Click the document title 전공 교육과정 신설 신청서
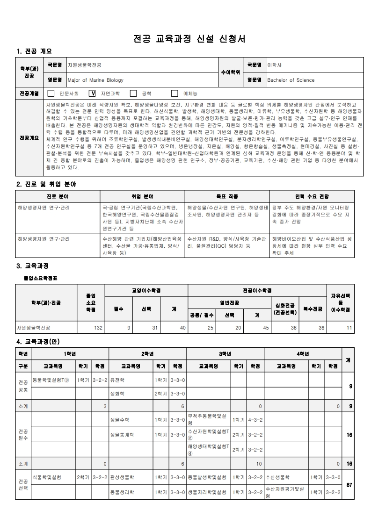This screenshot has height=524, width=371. click(186, 38)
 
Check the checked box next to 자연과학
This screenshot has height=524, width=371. click(92, 93)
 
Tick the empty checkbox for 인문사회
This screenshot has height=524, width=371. click(51, 93)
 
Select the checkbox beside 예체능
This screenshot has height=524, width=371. click(175, 93)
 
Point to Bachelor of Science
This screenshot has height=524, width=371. click(291, 80)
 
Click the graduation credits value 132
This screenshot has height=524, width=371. click(98, 328)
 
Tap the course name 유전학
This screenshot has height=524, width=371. click(117, 380)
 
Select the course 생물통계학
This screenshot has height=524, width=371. click(122, 435)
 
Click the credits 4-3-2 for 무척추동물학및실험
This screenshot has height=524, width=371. click(255, 420)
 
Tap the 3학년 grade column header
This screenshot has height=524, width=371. click(225, 354)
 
